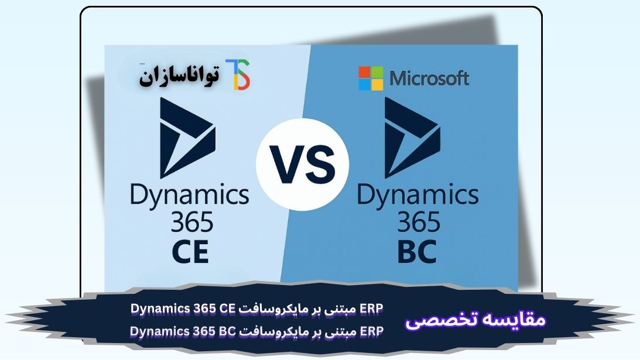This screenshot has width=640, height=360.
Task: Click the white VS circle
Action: pos(303,164)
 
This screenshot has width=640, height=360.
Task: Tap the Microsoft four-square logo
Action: pos(371,78)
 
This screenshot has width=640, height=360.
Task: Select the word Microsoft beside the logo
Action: pos(429,78)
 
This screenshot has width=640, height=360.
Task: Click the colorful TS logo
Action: pos(238,74)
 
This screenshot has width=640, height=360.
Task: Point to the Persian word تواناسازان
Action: pos(179,76)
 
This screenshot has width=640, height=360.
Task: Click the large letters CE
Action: pos(191,252)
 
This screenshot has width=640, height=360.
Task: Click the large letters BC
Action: pos(417,252)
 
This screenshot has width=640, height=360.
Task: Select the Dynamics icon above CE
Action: pos(187,138)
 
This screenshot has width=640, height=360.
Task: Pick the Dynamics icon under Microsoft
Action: pos(412,138)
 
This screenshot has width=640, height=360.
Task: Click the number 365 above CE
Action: pos(192,222)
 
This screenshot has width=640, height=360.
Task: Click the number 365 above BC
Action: pos(419,222)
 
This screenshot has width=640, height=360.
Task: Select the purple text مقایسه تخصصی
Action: pos(475,320)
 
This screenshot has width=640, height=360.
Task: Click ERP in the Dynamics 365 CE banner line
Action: pos(372,308)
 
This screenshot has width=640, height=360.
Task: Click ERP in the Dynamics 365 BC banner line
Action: pos(372,331)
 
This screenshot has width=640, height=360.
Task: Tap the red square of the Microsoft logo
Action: pos(364,72)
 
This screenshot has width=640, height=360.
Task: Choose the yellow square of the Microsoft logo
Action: pos(377,84)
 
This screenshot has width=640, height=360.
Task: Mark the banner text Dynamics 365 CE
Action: pos(183,309)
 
